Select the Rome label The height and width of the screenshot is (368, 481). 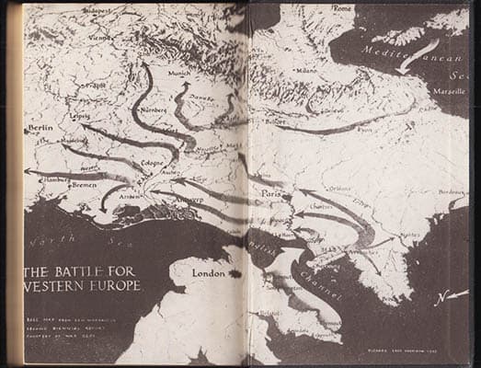(342, 8)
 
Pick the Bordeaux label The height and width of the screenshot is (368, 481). (452, 192)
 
